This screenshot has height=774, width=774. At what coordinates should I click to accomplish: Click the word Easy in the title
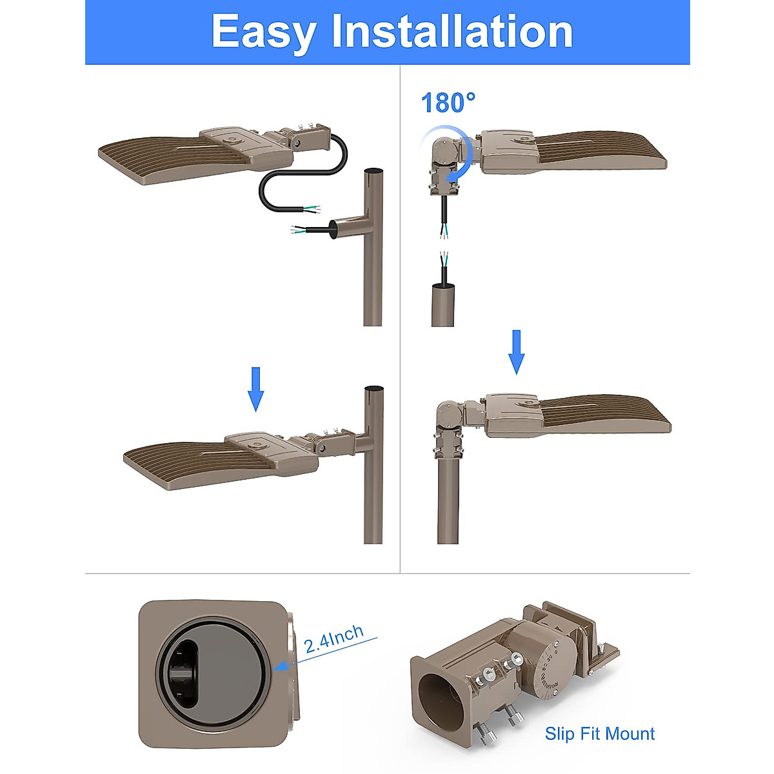263,32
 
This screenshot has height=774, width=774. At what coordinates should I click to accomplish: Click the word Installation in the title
452,32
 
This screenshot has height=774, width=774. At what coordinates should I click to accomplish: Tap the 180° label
448,103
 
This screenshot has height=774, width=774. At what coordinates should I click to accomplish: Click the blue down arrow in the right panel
517,352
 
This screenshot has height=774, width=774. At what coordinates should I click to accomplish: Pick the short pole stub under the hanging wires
443,304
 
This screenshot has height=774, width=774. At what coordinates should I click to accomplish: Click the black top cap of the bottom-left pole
373,388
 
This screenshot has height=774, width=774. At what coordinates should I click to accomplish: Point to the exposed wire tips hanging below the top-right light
444,233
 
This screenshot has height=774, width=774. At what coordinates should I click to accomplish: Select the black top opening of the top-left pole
373,171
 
